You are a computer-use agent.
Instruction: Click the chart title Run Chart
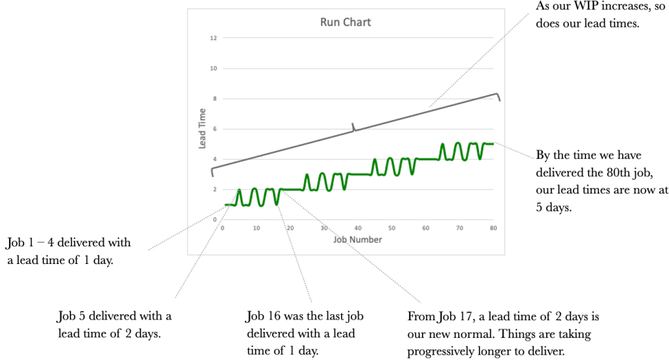(x=345, y=22)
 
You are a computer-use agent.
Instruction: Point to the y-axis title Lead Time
(x=203, y=128)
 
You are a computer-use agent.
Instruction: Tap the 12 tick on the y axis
(x=213, y=39)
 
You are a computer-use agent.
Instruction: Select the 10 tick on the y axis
(x=213, y=69)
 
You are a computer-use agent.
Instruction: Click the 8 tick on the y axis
(x=214, y=99)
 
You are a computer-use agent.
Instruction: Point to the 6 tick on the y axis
(x=214, y=129)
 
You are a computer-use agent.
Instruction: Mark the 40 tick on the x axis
(x=357, y=228)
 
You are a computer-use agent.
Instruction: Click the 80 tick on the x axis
(x=493, y=228)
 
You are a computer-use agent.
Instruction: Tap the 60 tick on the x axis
(x=425, y=228)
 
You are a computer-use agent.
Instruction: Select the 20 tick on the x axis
(x=290, y=228)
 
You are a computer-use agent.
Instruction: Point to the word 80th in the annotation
(x=608, y=172)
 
